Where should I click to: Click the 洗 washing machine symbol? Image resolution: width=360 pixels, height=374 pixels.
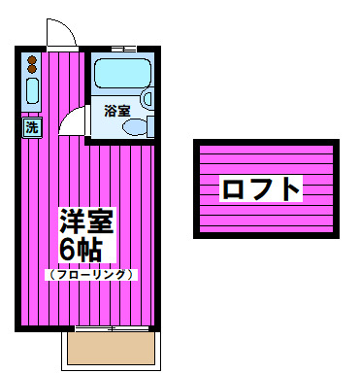pyautogui.click(x=32, y=127)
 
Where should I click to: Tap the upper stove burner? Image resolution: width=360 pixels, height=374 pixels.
pyautogui.click(x=32, y=60)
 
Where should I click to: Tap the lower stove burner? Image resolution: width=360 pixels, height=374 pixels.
pyautogui.click(x=32, y=69)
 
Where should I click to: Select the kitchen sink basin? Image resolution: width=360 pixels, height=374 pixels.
pyautogui.click(x=32, y=90)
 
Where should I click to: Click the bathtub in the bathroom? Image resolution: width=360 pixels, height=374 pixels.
pyautogui.click(x=123, y=73)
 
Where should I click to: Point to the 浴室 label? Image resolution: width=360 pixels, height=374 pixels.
pyautogui.click(x=117, y=111)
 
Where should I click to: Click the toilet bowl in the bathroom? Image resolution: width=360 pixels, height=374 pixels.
pyautogui.click(x=135, y=126)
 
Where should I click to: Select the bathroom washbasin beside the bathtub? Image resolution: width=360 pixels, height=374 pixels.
pyautogui.click(x=147, y=99)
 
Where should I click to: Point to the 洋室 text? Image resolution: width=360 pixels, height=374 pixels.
pyautogui.click(x=86, y=221)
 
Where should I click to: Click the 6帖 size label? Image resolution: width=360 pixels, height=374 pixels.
pyautogui.click(x=82, y=251)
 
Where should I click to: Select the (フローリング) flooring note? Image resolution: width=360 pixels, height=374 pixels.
pyautogui.click(x=91, y=275)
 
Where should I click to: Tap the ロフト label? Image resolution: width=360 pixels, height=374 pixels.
pyautogui.click(x=261, y=188)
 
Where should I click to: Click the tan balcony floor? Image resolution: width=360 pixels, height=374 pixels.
pyautogui.click(x=111, y=348)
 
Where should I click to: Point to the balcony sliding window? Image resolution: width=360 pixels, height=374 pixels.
pyautogui.click(x=112, y=328)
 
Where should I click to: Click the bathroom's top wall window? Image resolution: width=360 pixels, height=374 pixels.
pyautogui.click(x=123, y=50)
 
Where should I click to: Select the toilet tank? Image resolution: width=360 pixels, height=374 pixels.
pyautogui.click(x=150, y=126)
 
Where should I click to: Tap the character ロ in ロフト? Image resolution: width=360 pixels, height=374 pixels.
pyautogui.click(x=233, y=188)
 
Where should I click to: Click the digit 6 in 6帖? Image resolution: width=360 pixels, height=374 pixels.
pyautogui.click(x=68, y=251)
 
